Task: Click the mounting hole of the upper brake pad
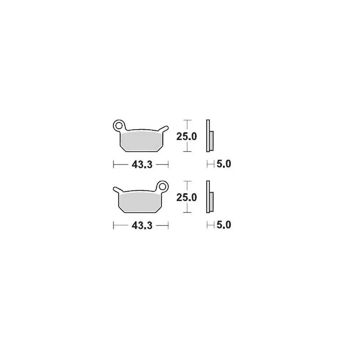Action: (119, 126)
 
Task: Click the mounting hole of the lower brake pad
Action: (162, 186)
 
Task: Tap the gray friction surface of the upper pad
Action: (141, 141)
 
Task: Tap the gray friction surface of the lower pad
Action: (140, 202)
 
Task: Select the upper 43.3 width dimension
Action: (142, 165)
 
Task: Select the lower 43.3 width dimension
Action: (142, 226)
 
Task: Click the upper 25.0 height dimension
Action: (186, 137)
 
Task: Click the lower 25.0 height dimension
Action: (186, 198)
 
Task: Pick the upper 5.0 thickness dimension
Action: (224, 164)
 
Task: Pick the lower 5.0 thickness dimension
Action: (224, 225)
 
